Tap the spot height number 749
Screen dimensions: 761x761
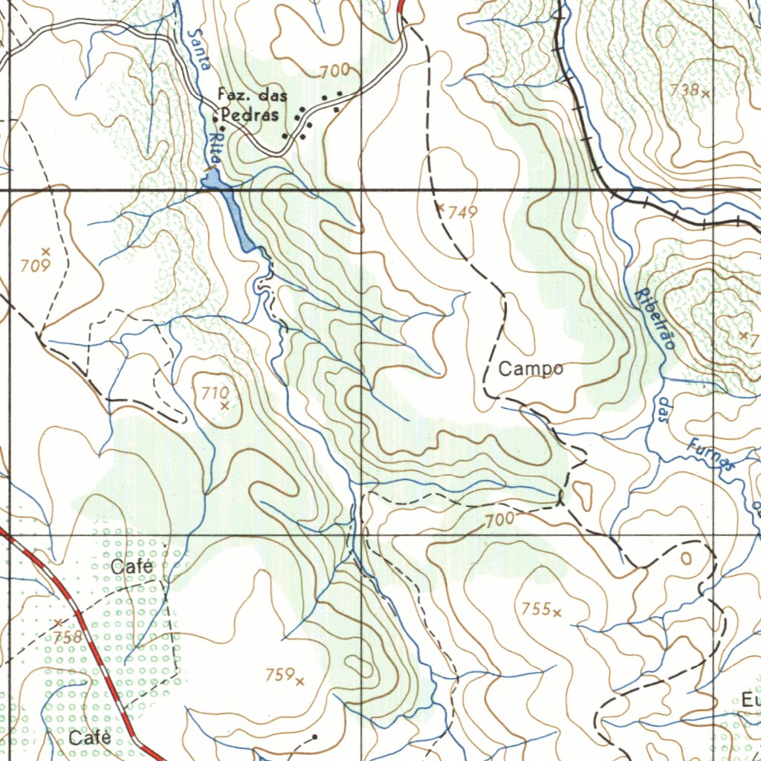(462, 213)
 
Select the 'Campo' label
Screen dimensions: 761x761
(530, 369)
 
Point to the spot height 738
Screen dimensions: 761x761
(684, 90)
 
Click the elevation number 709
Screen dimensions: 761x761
(35, 265)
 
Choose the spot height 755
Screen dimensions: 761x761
(536, 609)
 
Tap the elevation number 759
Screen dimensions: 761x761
(279, 675)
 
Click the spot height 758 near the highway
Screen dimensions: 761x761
(67, 637)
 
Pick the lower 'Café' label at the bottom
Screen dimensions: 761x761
(90, 738)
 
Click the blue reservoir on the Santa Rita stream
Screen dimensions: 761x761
(231, 207)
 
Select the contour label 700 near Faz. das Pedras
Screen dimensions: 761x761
(334, 71)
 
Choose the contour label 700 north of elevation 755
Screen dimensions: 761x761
(499, 521)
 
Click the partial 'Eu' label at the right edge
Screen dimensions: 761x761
(749, 699)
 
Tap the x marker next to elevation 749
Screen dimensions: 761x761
(440, 207)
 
